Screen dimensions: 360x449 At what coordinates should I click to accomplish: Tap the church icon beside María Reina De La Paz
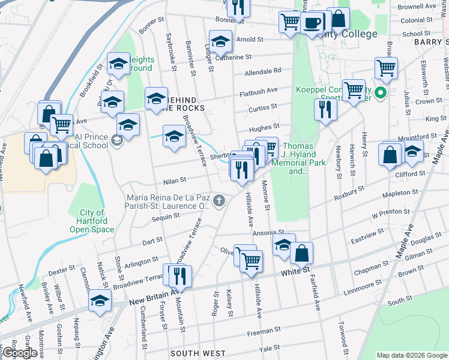coord(220,200)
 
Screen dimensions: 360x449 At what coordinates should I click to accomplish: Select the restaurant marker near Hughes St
coord(325,109)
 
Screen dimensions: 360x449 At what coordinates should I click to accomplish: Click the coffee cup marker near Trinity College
coord(312,23)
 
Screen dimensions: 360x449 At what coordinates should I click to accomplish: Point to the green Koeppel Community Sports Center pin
coord(379,93)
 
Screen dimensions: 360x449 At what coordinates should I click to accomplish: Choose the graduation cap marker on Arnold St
coord(220,41)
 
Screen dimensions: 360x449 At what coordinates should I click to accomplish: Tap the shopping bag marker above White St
coord(302,253)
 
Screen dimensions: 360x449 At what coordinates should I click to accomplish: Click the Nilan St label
coord(175,179)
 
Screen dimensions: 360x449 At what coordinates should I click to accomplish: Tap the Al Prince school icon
coord(117,141)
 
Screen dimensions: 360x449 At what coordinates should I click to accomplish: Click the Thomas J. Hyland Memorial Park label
coord(299,158)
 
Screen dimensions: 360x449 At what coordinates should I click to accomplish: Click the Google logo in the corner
coord(19,353)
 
